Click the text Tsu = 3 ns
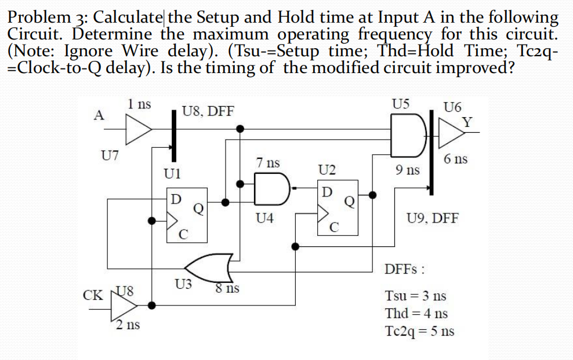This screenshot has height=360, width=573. point(415,295)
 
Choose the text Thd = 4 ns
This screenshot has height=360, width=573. point(416,314)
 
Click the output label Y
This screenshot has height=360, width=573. point(467,122)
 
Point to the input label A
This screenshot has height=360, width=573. point(99,114)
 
